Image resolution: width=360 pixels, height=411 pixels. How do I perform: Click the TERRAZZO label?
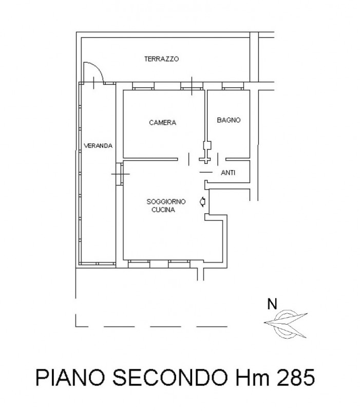click(161, 59)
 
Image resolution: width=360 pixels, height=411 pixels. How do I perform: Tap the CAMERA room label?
click(162, 122)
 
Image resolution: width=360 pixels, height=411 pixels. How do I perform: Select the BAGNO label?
click(229, 120)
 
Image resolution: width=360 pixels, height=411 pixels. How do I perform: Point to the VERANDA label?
click(98, 146)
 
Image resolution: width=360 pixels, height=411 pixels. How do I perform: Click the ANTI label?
click(228, 173)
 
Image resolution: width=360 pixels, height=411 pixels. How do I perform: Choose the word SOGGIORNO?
click(166, 201)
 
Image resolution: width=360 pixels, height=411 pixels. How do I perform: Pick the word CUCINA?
click(163, 210)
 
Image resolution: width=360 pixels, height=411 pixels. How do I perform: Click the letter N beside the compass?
click(272, 304)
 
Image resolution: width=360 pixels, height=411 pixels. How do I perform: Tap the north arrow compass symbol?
click(286, 324)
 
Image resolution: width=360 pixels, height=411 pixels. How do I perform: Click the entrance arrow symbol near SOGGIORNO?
click(202, 202)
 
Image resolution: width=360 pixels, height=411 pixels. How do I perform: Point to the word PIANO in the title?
click(70, 378)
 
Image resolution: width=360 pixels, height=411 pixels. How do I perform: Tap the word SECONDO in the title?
click(170, 378)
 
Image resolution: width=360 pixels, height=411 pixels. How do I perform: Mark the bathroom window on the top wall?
click(233, 86)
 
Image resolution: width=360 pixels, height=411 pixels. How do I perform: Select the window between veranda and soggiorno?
click(120, 174)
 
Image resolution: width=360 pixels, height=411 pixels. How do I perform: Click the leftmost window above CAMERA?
click(143, 86)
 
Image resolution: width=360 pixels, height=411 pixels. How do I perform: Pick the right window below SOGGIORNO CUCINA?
click(179, 264)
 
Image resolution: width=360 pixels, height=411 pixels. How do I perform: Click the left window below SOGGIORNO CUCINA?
click(139, 264)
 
